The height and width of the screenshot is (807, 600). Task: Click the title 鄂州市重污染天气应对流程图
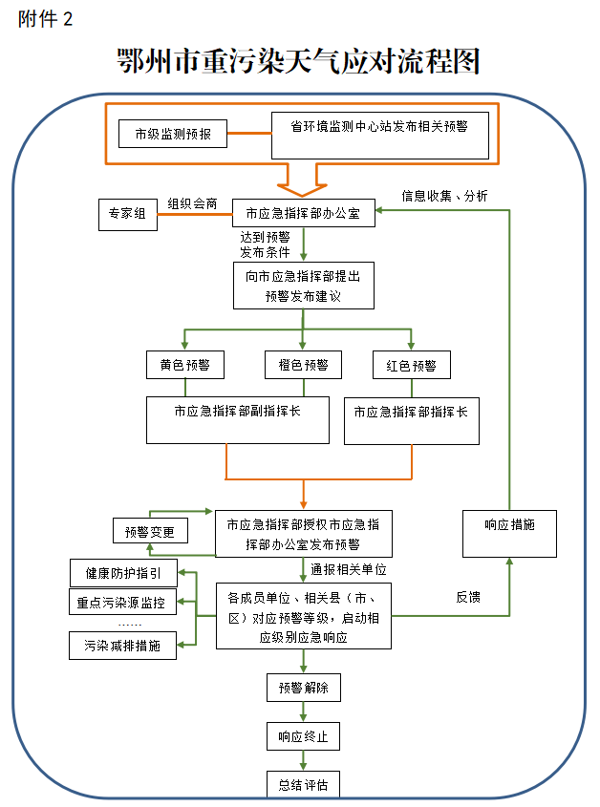pos(297,62)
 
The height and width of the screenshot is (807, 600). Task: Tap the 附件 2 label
pos(45,19)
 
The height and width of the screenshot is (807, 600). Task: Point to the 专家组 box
pos(127,215)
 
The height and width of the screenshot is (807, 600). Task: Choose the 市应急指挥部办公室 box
pos(303,214)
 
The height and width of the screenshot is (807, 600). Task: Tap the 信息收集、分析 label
pos(444,196)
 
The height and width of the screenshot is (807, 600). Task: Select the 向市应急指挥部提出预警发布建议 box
pos(303,286)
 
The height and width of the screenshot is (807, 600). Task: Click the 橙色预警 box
pos(303,365)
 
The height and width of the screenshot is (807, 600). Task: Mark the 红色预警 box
pos(411,365)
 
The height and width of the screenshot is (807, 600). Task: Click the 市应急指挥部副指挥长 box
pos(237,420)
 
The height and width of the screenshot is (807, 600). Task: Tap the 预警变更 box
pos(150,531)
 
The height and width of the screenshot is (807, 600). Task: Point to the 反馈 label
pos(468,597)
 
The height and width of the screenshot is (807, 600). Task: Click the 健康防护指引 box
pos(123,574)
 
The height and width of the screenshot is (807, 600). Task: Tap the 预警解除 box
pos(303,688)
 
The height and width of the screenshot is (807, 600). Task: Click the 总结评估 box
pos(303,785)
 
